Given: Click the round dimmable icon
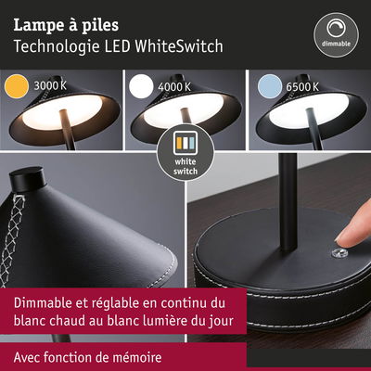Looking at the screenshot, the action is [x=337, y=34].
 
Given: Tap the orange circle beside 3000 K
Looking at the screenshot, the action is [x=17, y=86].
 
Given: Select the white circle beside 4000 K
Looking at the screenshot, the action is [x=141, y=86].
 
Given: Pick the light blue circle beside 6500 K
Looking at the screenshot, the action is [x=270, y=86].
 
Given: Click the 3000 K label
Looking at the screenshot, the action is [x=50, y=85].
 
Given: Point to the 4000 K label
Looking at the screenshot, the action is [x=174, y=87].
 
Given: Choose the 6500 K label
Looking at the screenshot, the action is [x=302, y=87].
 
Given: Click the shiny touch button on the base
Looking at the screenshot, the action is [x=339, y=253].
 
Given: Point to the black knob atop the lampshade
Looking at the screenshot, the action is [x=27, y=177].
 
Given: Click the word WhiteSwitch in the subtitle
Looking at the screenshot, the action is [x=179, y=46].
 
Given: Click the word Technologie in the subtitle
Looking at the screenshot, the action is [x=57, y=47].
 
